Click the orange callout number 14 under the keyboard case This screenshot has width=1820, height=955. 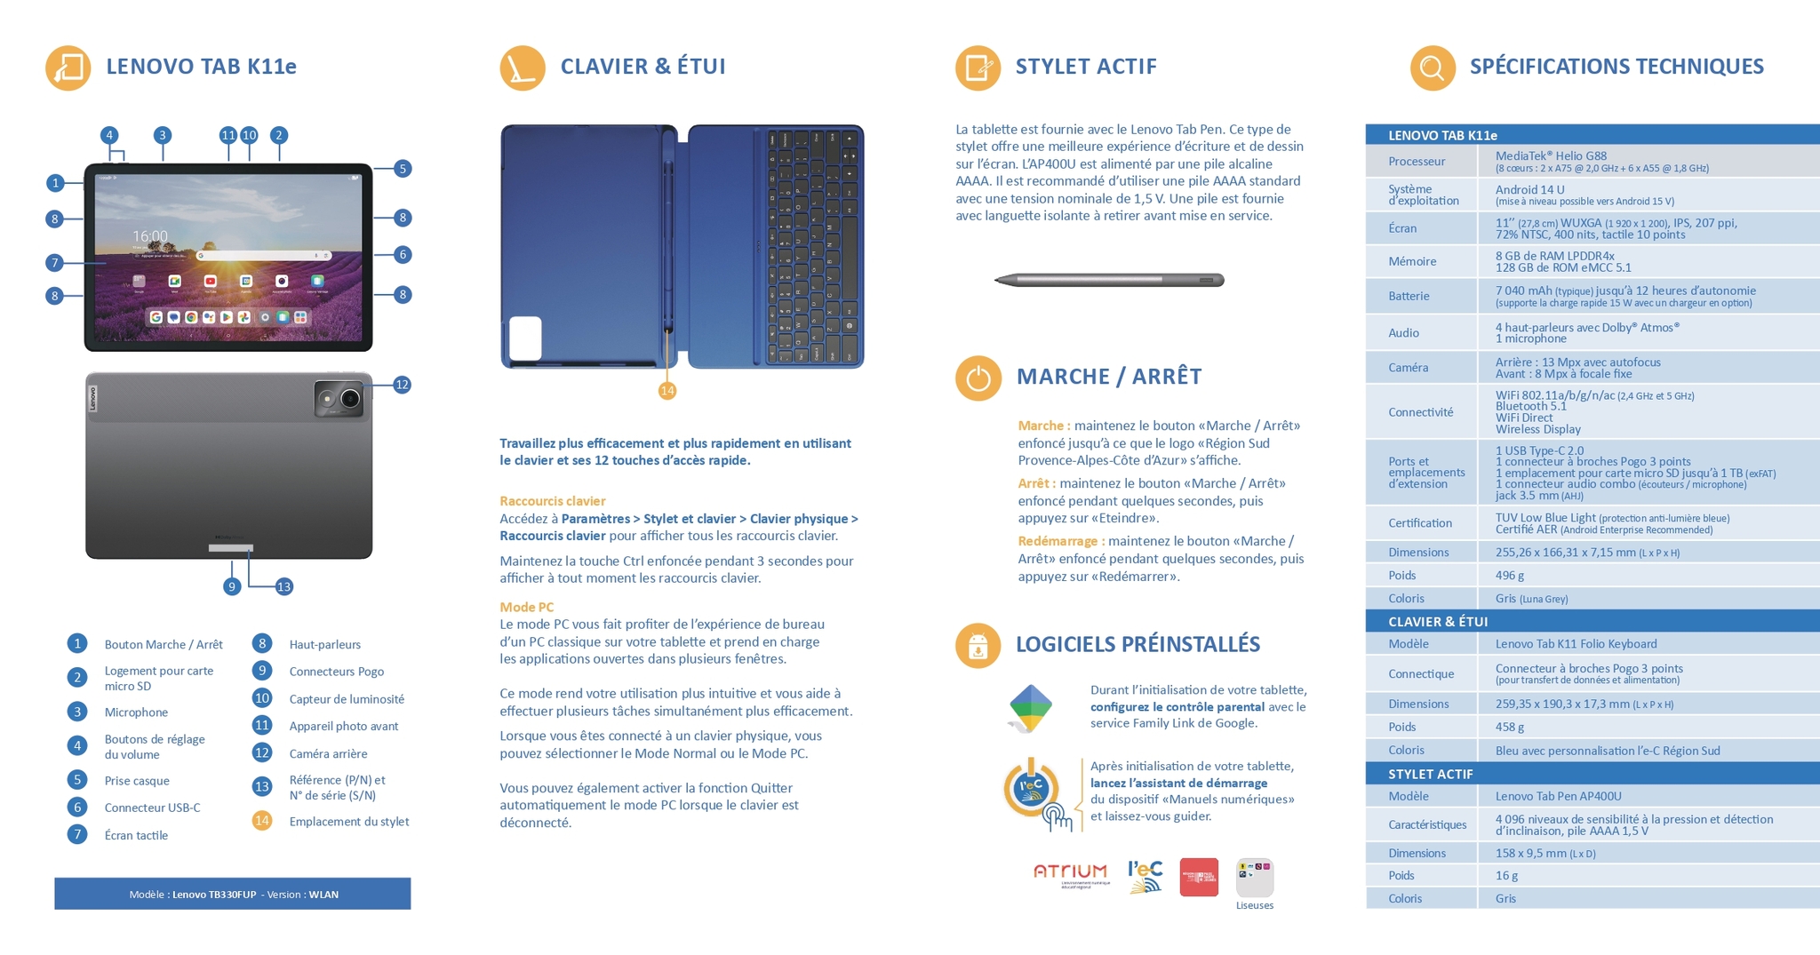pos(667,391)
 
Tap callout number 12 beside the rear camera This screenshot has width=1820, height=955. pos(402,385)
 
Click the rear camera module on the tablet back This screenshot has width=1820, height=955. pos(339,399)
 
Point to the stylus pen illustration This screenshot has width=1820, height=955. pos(1109,281)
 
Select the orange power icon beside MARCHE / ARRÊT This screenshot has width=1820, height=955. pos(978,378)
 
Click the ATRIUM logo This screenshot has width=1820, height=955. pos(1071,872)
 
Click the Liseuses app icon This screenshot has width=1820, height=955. pos(1254,878)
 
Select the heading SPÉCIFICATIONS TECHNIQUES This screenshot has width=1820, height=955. pos(1616,67)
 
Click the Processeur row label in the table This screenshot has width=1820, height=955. pos(1417,162)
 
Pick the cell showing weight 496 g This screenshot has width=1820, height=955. pos(1510,576)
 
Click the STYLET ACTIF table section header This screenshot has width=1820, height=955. pos(1431,775)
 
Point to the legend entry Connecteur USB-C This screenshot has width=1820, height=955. pos(152,808)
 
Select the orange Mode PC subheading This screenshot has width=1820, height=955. pos(526,608)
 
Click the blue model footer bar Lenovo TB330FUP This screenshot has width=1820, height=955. pos(233,895)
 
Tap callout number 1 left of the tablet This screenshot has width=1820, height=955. pos(55,183)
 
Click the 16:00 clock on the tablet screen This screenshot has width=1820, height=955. pos(150,236)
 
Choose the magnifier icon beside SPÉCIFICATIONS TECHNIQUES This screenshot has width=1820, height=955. pos(1432,68)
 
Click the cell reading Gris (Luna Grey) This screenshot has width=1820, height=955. pos(1531,599)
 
